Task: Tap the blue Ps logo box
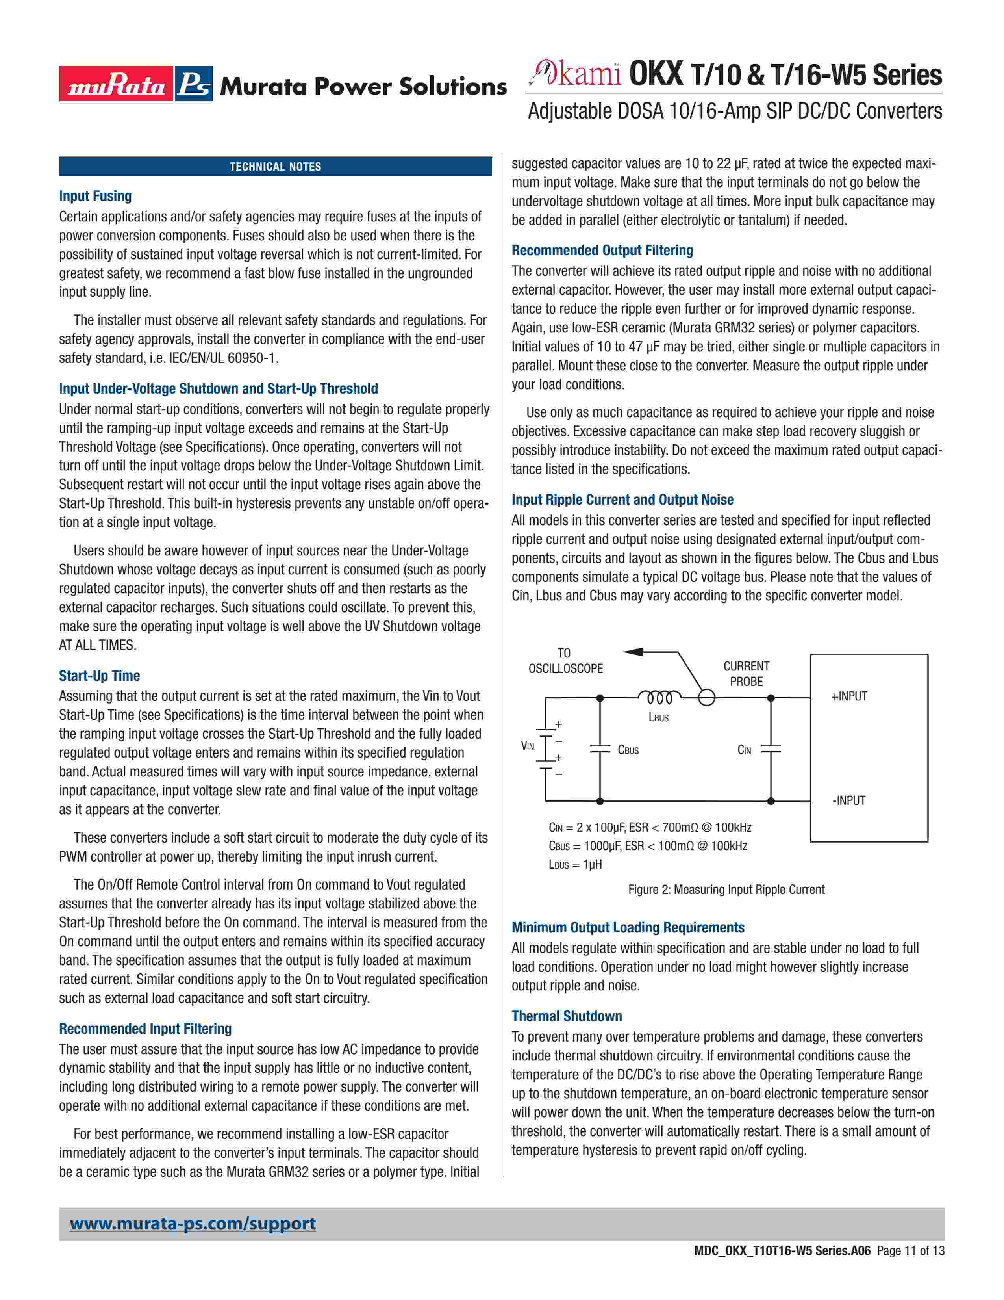point(193,84)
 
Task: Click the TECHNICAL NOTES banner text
point(275,167)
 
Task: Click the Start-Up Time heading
point(99,676)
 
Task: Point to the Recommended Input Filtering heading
point(145,1029)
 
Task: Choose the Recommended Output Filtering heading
point(602,250)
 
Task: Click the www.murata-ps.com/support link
point(193,1224)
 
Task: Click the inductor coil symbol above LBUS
point(659,696)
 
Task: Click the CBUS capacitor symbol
point(600,749)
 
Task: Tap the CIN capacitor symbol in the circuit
point(771,749)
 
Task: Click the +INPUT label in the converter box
point(849,696)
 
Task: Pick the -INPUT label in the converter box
point(849,800)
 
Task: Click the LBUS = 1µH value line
point(575,864)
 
